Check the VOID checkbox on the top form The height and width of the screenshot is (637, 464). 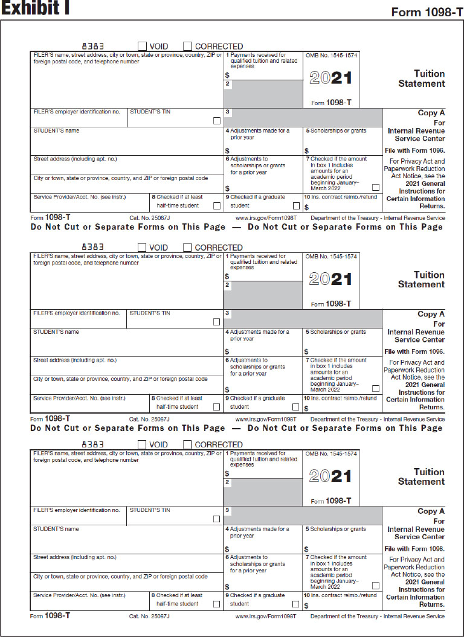point(142,46)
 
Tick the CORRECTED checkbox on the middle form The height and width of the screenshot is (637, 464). point(187,247)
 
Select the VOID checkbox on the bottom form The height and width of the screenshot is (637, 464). point(142,444)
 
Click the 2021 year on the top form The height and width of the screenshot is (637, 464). point(330,78)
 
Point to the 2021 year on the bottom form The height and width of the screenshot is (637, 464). point(330,476)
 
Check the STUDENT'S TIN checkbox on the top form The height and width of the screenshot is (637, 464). point(217,121)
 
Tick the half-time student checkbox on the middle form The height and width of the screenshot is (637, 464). point(216,407)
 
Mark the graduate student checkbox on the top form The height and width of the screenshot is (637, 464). point(296,206)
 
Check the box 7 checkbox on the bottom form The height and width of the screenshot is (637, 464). point(375,586)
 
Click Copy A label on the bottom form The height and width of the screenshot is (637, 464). point(431,511)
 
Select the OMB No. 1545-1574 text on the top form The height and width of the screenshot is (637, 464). point(331,55)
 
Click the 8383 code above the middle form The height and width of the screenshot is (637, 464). point(93,247)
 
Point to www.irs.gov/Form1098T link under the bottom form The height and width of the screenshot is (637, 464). point(266,616)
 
